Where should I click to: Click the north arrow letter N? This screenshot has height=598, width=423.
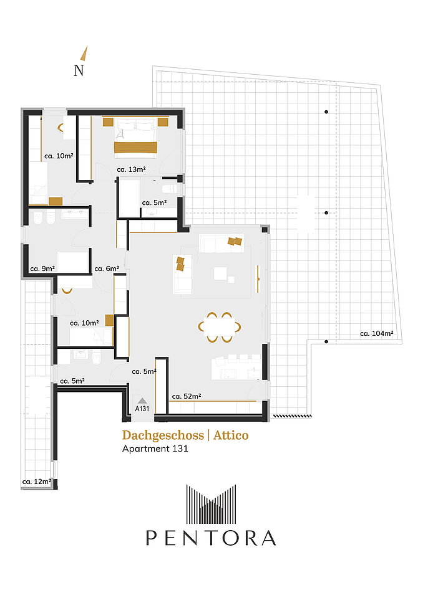pos(79,70)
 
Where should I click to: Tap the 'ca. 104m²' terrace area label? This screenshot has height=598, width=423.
pos(376,333)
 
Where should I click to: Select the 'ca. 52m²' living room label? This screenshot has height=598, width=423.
pos(187,396)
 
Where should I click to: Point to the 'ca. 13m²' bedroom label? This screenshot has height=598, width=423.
pos(131,169)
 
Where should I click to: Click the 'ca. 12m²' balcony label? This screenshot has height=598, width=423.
pos(37,482)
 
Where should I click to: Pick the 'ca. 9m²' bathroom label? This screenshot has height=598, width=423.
pos(42,268)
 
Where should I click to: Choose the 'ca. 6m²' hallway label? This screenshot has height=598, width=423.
pos(107,268)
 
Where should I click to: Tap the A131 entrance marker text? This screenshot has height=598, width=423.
pos(142,409)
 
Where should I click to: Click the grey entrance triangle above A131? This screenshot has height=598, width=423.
pos(142,401)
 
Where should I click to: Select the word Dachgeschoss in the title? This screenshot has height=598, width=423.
pos(163,435)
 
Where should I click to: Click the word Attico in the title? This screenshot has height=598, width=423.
pos(231,435)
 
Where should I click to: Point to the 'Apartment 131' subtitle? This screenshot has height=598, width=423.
pos(155,448)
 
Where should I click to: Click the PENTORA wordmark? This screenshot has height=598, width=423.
pos(211,538)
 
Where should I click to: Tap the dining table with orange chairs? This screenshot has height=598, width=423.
pos(220,327)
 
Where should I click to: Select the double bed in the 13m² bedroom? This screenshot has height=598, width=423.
pos(135,137)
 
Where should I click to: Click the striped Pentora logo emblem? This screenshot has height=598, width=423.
pos(211,504)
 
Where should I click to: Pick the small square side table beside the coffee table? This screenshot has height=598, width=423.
pos(231,280)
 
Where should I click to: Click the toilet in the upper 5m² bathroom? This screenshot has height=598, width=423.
pos(168,189)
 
